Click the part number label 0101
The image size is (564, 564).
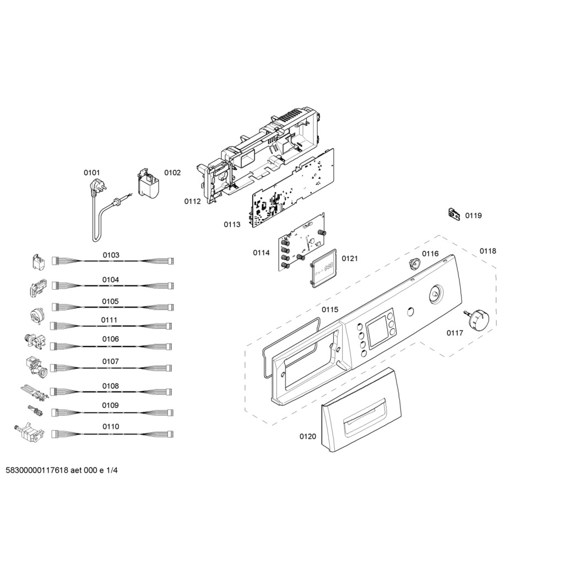(x=92, y=173)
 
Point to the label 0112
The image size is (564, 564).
(x=192, y=202)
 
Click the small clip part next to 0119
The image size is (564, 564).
(x=454, y=214)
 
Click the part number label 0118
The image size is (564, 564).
(x=488, y=251)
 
